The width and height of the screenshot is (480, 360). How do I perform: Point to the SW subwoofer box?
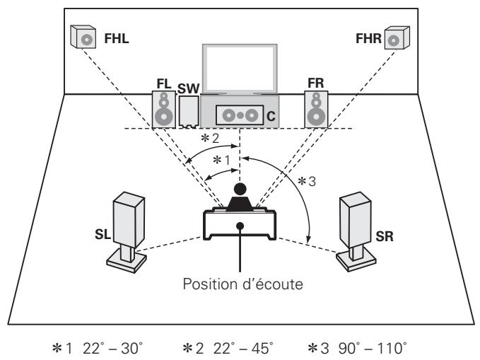tap(189, 111)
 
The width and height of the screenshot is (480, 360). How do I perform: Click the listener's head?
tap(240, 189)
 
